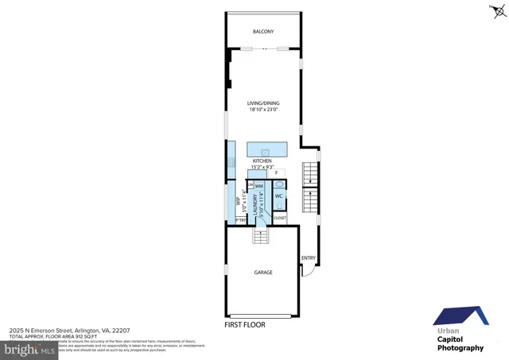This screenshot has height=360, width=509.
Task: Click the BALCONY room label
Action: point(263,32)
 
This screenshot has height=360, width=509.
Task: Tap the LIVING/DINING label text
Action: point(263,103)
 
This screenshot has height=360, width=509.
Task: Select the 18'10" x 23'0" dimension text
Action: point(263,110)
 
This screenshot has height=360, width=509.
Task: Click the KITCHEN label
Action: point(263,161)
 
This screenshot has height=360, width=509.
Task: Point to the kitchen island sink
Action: point(266,149)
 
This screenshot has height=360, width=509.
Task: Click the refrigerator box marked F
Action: point(277,172)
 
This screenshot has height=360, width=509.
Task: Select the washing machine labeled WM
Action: point(259,186)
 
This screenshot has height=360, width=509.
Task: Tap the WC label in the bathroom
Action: point(279,195)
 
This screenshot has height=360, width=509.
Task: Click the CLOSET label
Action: point(280,217)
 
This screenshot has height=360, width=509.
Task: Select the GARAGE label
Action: point(263,273)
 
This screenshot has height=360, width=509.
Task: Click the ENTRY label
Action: point(309,257)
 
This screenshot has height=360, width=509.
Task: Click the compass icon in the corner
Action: point(498,10)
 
